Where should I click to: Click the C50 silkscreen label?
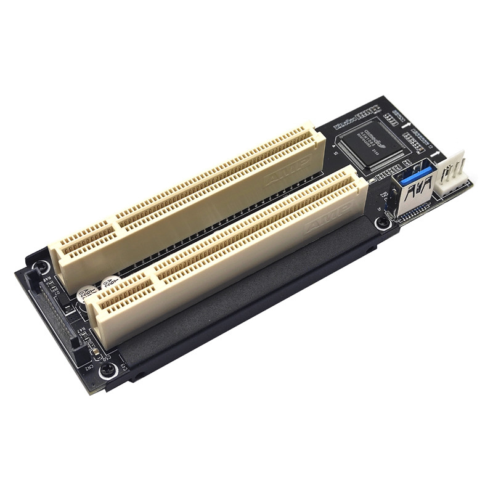105,356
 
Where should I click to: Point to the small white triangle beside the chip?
335,149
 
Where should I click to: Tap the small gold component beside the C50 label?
97,354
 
